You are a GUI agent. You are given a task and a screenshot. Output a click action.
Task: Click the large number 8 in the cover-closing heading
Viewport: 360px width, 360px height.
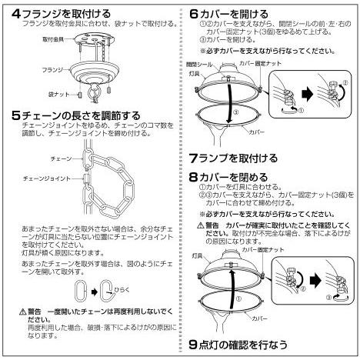pos(195,176)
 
